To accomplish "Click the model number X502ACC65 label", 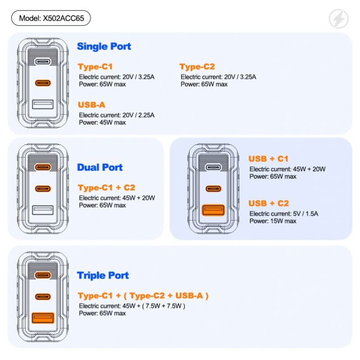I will pos(51,18).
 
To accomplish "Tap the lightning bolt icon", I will pos(338,19).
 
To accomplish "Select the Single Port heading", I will pos(104,46).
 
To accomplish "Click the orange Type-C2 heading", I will pos(197,67).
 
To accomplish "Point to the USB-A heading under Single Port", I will pos(91,105).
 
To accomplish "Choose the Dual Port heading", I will pos(100,167).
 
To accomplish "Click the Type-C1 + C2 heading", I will pos(106,188).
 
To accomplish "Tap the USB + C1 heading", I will pos(268,159).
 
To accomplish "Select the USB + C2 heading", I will pos(268,203).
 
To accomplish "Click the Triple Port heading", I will pos(103,275).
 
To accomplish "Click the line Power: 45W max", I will pos(102,122).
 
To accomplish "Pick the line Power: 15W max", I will pos(273,221).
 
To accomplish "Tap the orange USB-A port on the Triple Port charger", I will pos(43,318).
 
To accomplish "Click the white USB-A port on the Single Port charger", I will pos(43,105).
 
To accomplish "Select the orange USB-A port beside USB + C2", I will pos(213,210).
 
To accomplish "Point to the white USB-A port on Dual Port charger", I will pos(43,210).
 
